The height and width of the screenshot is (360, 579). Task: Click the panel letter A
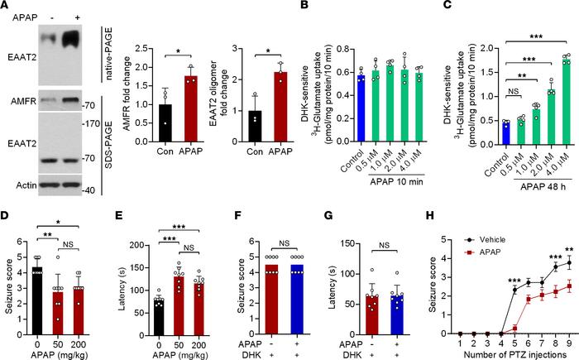tap(6, 7)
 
